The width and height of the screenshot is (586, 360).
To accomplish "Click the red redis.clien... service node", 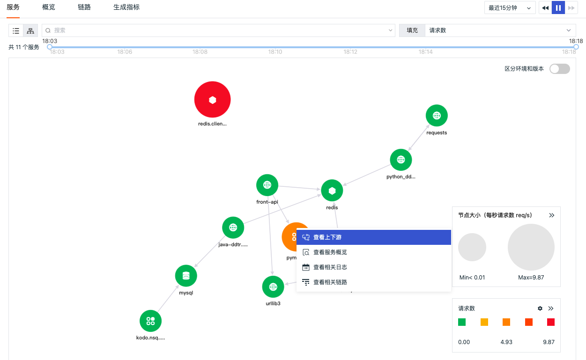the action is (212, 99).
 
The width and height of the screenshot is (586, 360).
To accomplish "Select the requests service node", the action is (437, 115).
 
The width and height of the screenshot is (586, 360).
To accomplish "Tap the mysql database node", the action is (186, 276).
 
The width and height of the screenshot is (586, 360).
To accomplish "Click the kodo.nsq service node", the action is (150, 321).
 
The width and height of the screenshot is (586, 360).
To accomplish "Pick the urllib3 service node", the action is (273, 287).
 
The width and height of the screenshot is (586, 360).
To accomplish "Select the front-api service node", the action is (267, 185).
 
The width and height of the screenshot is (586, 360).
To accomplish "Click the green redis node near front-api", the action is (332, 191).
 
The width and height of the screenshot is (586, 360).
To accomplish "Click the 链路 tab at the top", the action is (84, 7).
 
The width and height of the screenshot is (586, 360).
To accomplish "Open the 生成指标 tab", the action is (126, 7).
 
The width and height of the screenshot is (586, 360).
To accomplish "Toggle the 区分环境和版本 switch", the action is (560, 69).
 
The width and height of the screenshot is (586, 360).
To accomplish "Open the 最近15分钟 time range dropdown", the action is (510, 8).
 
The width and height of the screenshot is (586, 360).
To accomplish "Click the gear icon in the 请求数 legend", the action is (540, 308).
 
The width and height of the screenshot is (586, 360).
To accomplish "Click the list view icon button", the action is (16, 30).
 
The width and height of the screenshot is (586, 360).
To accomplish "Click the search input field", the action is (218, 30).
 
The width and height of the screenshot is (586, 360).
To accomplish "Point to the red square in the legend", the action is (551, 322).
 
